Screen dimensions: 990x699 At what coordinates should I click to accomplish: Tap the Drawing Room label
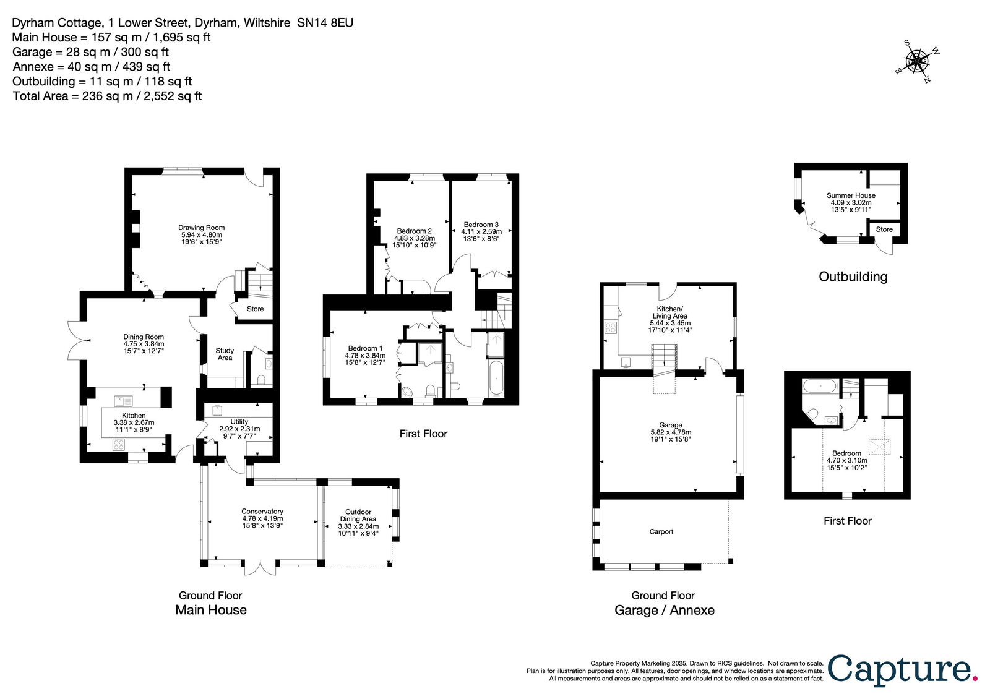(x=201, y=228)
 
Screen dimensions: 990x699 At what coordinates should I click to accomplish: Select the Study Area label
(x=225, y=354)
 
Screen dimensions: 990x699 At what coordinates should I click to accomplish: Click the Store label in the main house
(x=255, y=309)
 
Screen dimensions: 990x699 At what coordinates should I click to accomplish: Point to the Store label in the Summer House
(x=884, y=229)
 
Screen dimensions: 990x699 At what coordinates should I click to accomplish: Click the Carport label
(x=661, y=531)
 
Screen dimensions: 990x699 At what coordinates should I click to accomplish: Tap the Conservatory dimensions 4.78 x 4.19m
(x=262, y=518)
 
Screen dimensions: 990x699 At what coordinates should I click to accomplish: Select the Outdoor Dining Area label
(x=358, y=515)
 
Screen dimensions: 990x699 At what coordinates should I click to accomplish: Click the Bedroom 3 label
(x=481, y=225)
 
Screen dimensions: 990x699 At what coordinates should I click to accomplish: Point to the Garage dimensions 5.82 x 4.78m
(x=671, y=432)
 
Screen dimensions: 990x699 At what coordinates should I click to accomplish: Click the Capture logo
(x=902, y=671)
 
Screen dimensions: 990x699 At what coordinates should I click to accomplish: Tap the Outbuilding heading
(x=853, y=277)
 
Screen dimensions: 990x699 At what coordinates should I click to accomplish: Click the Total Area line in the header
(x=107, y=96)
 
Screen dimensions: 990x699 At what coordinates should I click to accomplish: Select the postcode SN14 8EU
(x=325, y=23)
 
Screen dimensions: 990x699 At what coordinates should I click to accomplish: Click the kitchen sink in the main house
(x=123, y=401)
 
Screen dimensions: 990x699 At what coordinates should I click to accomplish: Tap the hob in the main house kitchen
(x=118, y=444)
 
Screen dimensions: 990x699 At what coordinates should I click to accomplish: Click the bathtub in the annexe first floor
(x=820, y=386)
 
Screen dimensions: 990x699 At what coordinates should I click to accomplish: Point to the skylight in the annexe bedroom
(x=879, y=447)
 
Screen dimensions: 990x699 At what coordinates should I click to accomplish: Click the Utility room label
(x=239, y=421)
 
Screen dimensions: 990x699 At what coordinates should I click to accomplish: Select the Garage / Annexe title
(x=665, y=610)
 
